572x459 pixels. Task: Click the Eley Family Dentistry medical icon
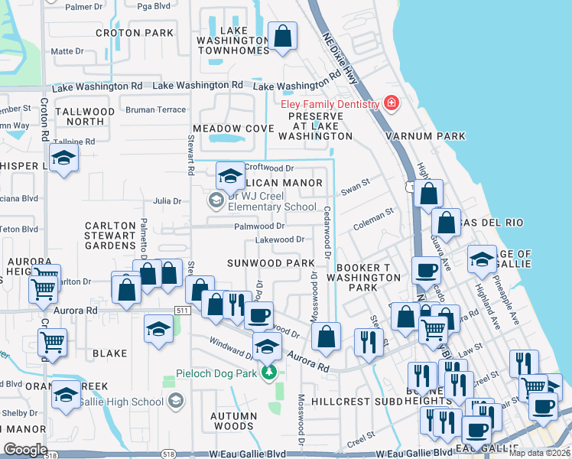(392, 103)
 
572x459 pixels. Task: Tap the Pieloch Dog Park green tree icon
(268, 373)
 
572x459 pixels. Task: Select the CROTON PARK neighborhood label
(135, 33)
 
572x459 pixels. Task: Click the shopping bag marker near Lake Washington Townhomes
(282, 37)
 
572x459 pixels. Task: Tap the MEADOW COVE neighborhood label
(233, 128)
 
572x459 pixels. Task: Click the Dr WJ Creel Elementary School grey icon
(216, 200)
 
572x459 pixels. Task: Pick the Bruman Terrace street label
(156, 109)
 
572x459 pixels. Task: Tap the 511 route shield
(182, 310)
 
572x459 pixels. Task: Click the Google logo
(25, 449)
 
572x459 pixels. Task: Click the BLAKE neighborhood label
(109, 353)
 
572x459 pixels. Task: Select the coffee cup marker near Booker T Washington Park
(425, 270)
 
